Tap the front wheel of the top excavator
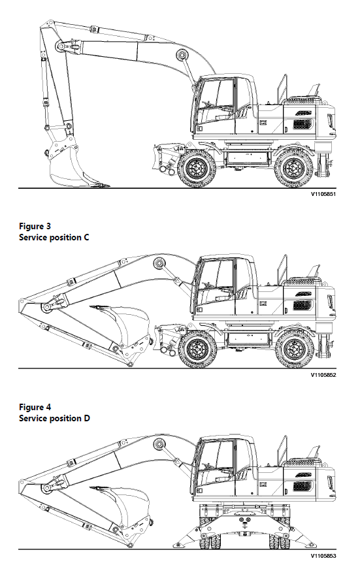[197, 168]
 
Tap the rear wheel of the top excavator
[292, 168]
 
